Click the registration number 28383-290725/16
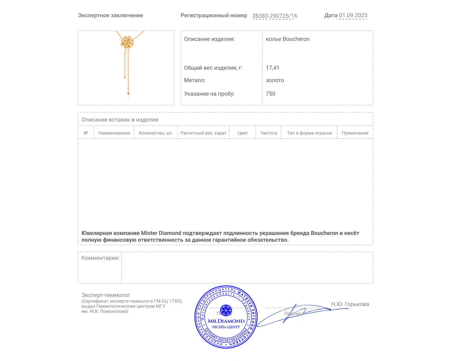(x=275, y=16)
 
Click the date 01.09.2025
(x=353, y=16)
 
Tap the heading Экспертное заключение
(x=110, y=16)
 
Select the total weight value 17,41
(x=272, y=68)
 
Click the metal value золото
(x=275, y=80)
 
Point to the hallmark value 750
(x=270, y=94)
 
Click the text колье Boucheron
(x=288, y=39)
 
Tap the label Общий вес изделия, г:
(x=213, y=68)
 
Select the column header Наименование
(x=114, y=133)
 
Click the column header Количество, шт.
(x=156, y=133)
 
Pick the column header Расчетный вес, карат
(x=204, y=133)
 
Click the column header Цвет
(x=243, y=133)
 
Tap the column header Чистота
(x=269, y=133)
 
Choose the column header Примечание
(x=355, y=133)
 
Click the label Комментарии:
(x=100, y=258)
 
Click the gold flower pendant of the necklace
(x=127, y=42)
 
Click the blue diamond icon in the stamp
(x=226, y=310)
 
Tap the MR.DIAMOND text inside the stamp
(x=226, y=321)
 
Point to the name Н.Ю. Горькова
(x=350, y=304)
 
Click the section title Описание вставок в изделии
(x=120, y=120)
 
